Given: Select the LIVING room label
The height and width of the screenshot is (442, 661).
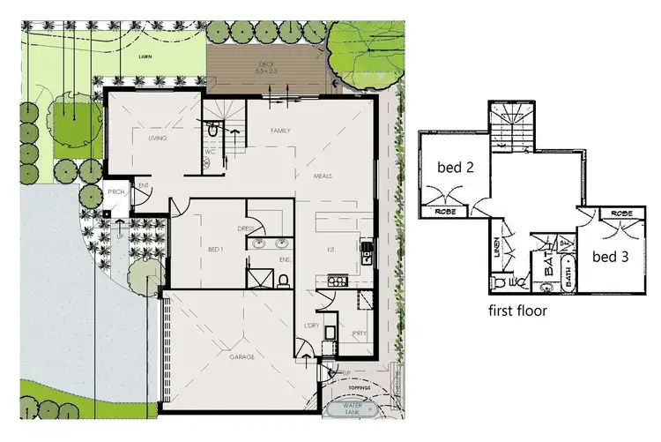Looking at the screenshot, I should [x=158, y=139].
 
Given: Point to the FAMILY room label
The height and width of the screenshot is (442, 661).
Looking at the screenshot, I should [x=280, y=131].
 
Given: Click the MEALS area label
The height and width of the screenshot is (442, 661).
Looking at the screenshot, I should [x=323, y=176].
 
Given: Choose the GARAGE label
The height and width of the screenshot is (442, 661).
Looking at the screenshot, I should [x=241, y=356].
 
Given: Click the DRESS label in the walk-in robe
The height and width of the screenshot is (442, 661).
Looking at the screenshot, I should [x=246, y=228].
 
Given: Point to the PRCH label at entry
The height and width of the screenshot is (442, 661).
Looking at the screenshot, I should [x=115, y=194].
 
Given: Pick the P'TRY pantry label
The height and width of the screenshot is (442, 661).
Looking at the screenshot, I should [x=359, y=334].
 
